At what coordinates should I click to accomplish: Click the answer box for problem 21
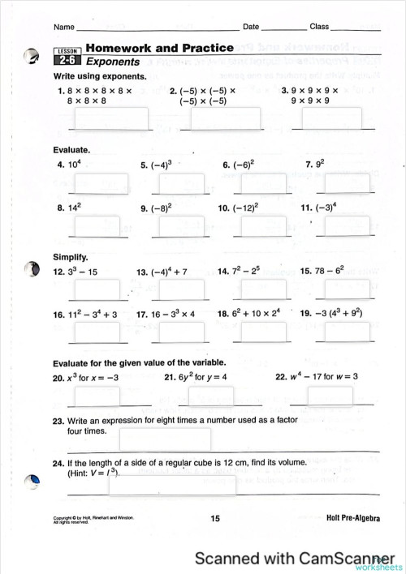pyautogui.click(x=211, y=396)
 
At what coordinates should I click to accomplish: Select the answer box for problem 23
pyautogui.click(x=165, y=439)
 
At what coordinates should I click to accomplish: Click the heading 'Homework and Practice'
pyautogui.click(x=159, y=48)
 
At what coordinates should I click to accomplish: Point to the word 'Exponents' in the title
pyautogui.click(x=113, y=62)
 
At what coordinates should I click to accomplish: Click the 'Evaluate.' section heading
pyautogui.click(x=71, y=150)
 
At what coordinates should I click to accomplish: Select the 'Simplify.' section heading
pyautogui.click(x=70, y=257)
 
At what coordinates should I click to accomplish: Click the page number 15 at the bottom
pyautogui.click(x=215, y=518)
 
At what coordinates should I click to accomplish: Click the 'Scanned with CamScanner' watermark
pyautogui.click(x=289, y=558)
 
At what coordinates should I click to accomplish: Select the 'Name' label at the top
pyautogui.click(x=63, y=27)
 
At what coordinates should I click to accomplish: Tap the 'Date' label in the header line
pyautogui.click(x=251, y=27)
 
